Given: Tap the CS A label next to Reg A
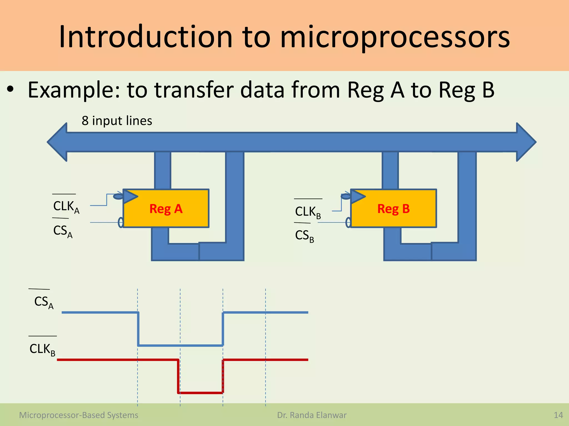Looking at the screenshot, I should [x=63, y=231].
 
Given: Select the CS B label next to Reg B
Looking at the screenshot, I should [x=305, y=236].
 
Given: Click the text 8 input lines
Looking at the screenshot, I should [x=117, y=121].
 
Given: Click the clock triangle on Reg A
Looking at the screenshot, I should [x=129, y=197].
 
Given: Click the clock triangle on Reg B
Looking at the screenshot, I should [x=357, y=197].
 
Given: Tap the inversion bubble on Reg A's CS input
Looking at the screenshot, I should [x=121, y=222].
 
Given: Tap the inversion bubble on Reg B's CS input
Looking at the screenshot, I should [x=348, y=222].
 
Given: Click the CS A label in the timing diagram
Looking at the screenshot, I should [x=44, y=302].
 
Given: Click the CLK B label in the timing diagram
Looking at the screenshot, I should [x=42, y=349].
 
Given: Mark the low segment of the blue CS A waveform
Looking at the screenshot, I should [x=181, y=345].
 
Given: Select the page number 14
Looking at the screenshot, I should [x=558, y=415].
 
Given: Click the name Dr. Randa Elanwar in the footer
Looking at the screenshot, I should [x=312, y=415].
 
